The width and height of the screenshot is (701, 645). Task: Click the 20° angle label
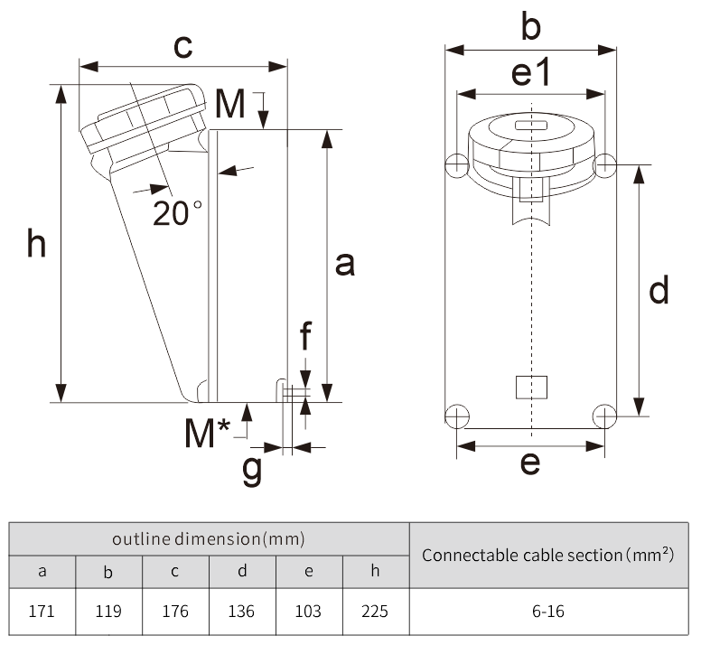coord(178,213)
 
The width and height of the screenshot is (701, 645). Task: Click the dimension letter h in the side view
coord(36,243)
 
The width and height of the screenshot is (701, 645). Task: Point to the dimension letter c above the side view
coord(182,46)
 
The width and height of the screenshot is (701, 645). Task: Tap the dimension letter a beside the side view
coord(344,265)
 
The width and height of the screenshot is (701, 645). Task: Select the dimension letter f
coord(305,336)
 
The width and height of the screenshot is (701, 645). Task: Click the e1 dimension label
coord(531,73)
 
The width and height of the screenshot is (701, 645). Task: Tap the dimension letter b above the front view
coord(531,28)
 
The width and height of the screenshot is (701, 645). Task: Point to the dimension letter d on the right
coord(659,291)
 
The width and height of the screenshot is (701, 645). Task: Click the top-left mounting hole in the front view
coord(457,164)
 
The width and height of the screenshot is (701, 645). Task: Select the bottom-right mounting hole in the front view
coord(604,416)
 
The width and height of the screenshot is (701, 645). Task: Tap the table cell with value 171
coord(42,611)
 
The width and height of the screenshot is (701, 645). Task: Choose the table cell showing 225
coord(375,611)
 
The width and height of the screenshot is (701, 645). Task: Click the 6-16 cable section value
coord(547,611)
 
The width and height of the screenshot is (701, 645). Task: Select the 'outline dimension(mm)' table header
coord(209,539)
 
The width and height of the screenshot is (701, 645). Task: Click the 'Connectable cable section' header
coord(547,555)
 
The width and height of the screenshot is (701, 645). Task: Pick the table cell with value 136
coord(242,611)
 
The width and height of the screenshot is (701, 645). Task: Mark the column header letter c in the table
coord(175,571)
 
